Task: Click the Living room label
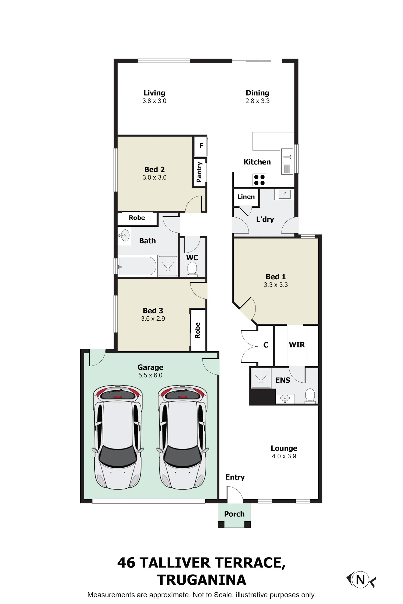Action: (154, 93)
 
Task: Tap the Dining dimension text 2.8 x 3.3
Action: (257, 101)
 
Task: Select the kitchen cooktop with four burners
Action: (259, 180)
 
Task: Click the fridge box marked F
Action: (201, 146)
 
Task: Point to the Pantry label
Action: (199, 172)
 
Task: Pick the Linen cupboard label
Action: (246, 197)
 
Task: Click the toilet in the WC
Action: (192, 269)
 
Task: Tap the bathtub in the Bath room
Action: (138, 266)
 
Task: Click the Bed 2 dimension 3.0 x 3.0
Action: (154, 177)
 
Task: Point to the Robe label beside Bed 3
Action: (197, 330)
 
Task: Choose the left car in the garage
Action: (118, 437)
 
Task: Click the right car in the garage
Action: (183, 437)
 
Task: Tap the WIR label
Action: (297, 345)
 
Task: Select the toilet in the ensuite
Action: (310, 396)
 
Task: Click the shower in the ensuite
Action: (261, 378)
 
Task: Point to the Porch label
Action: (234, 514)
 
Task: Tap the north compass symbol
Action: (361, 580)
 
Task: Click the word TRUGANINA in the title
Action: (201, 580)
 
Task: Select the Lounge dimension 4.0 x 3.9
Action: (284, 456)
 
